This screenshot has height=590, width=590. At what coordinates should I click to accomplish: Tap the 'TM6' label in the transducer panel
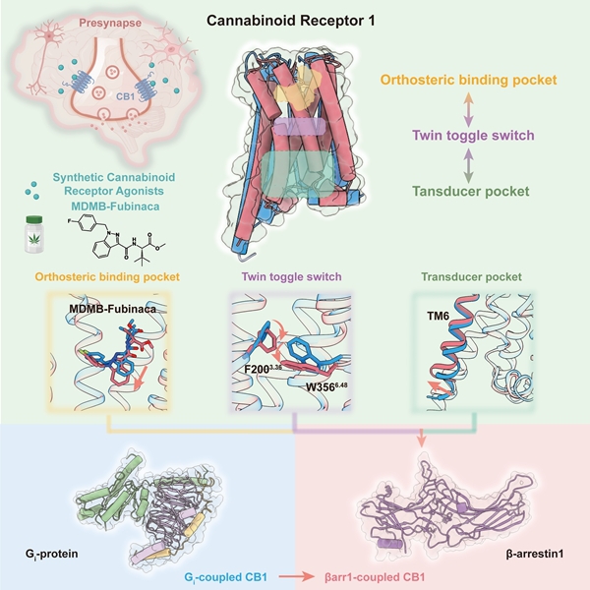point(439,314)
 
